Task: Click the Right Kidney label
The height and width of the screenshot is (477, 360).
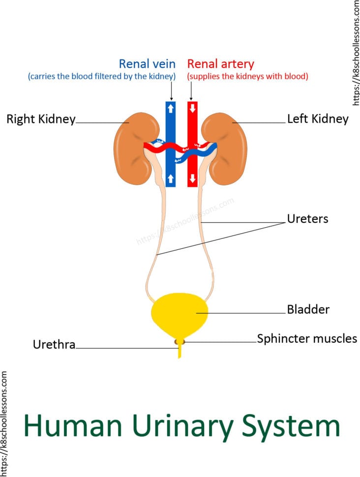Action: point(41,119)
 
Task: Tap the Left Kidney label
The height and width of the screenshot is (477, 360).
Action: point(318,119)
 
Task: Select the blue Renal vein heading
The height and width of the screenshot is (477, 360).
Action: point(147,64)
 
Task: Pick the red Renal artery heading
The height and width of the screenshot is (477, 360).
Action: point(221,64)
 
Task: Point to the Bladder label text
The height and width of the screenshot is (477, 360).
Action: point(308,310)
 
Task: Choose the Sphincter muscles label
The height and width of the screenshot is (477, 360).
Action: point(307,339)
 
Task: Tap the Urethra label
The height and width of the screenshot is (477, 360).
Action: point(54,345)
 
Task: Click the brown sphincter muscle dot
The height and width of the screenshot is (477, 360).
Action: point(180,341)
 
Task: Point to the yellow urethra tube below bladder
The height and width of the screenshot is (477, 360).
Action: point(180,352)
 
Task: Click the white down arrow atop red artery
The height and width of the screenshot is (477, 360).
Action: point(192,108)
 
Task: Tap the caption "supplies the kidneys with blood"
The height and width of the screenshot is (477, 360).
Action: point(247,77)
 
